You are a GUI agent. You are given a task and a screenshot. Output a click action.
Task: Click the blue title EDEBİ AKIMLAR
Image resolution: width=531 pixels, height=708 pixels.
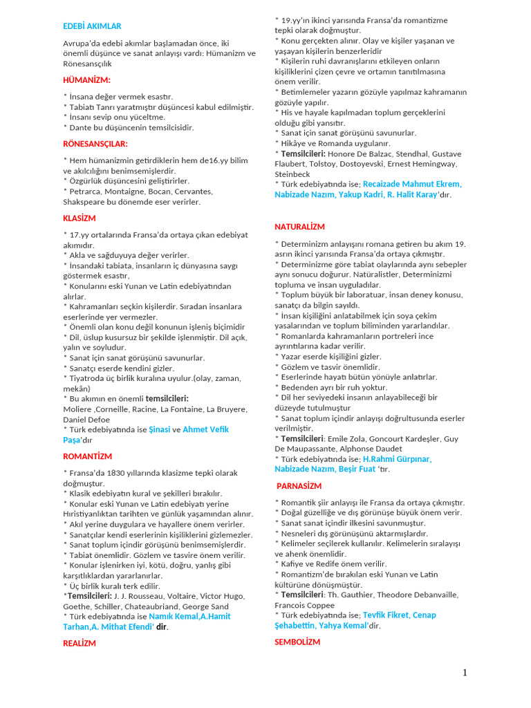[92, 26]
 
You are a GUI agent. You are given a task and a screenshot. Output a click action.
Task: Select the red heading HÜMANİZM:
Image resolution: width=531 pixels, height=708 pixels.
[86, 80]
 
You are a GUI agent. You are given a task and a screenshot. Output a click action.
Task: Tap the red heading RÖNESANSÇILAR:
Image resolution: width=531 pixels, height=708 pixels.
[95, 144]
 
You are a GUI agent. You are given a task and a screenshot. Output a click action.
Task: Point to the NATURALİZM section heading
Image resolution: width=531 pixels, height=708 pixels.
[299, 227]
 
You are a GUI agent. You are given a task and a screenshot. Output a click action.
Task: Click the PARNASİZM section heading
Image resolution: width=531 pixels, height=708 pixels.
[299, 486]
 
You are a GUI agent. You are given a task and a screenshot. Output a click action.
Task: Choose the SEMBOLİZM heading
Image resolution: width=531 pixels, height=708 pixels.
[297, 642]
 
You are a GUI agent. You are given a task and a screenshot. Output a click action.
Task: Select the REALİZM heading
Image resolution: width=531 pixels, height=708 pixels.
[80, 643]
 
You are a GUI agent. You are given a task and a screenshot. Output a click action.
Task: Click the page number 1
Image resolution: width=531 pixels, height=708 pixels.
[465, 673]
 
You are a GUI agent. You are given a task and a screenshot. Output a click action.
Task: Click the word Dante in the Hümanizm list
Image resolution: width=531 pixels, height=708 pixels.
[80, 127]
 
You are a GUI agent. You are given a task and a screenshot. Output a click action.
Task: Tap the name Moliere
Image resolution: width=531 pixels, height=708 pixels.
[78, 409]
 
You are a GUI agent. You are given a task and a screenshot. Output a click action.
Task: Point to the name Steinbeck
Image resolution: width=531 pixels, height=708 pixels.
[292, 174]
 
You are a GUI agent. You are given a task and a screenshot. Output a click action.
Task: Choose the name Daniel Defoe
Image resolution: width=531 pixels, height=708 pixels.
[87, 419]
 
